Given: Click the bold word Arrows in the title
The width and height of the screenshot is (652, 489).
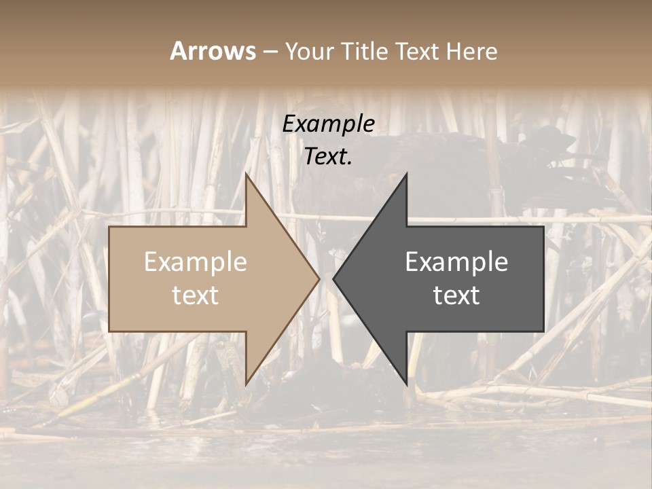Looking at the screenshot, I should pos(213,51).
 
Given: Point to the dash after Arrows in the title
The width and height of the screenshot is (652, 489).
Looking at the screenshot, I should pos(270,52).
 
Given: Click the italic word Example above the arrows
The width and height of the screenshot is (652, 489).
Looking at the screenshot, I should pos(329,124).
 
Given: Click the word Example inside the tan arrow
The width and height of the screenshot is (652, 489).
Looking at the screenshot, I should pos(196,261).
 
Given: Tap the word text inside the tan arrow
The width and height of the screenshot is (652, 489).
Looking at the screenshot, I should pos(196,295).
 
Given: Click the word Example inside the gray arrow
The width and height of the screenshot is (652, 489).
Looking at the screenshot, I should pos(456,261).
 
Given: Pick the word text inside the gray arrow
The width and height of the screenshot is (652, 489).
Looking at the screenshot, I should pos(456,295).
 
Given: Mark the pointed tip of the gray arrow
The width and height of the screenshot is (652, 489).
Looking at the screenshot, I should pos(334,278).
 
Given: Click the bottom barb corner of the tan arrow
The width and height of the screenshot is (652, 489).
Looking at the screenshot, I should pos(246,383).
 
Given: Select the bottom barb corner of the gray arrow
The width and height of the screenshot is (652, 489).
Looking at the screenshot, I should pos(406,383).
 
